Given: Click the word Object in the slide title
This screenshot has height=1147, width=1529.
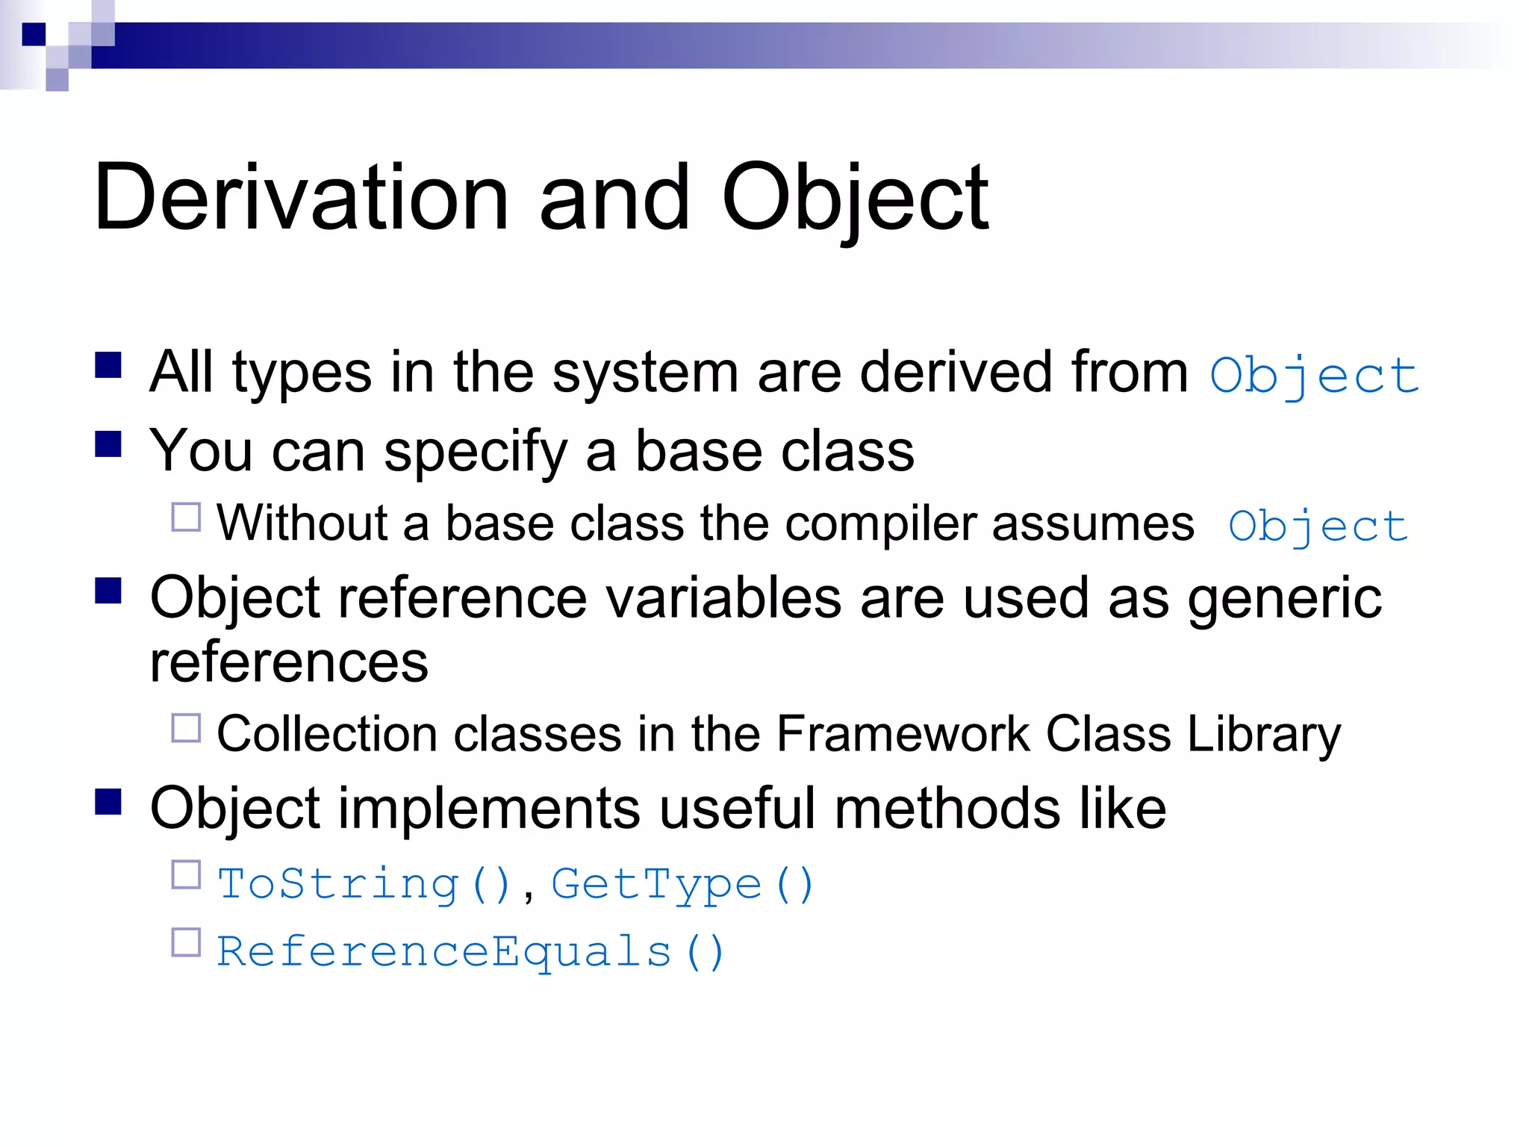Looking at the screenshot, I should click(x=855, y=198).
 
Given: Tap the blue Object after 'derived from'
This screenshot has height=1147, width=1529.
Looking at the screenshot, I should click(x=1314, y=376).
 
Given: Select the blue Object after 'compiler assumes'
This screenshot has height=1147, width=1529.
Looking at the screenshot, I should click(x=1318, y=526).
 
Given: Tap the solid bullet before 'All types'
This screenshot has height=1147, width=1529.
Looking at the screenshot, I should click(x=109, y=366).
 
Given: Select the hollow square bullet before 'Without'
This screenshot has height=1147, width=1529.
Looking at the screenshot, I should click(x=186, y=517).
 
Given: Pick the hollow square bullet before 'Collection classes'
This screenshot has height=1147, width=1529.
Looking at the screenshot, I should click(x=186, y=728).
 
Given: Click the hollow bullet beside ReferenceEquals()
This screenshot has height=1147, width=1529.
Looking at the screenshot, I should click(x=186, y=942).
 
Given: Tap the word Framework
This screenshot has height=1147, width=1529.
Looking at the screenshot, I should click(x=903, y=734).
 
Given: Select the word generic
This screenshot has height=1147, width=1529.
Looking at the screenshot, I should click(x=1284, y=599).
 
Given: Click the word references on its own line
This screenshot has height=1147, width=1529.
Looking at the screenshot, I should click(x=289, y=662).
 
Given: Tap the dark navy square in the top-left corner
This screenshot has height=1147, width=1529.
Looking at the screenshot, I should click(x=34, y=34).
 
